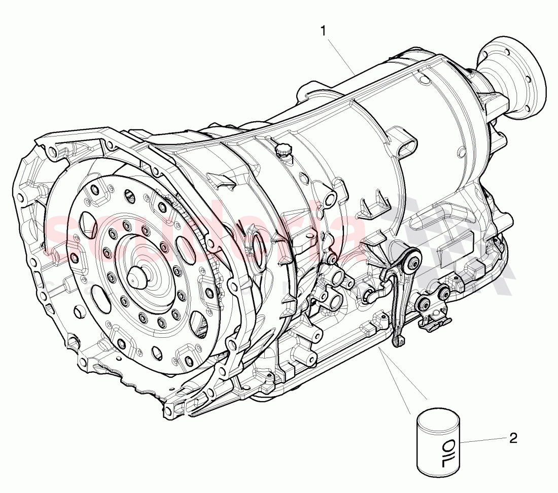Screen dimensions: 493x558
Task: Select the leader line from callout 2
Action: pos(482,441)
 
